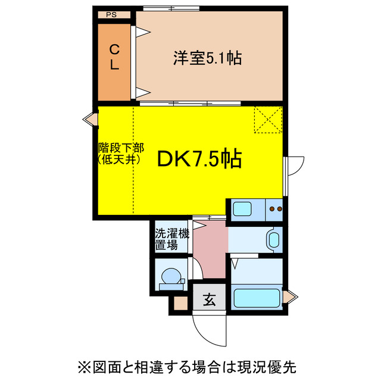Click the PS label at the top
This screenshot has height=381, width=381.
point(111,14)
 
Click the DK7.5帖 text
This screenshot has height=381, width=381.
point(199,158)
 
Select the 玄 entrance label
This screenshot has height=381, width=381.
point(210,299)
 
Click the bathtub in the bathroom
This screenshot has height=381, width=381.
point(257,298)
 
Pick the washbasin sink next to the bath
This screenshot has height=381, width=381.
point(273,241)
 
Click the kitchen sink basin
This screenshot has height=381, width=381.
point(243,209)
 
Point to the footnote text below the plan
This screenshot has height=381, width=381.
point(190,364)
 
